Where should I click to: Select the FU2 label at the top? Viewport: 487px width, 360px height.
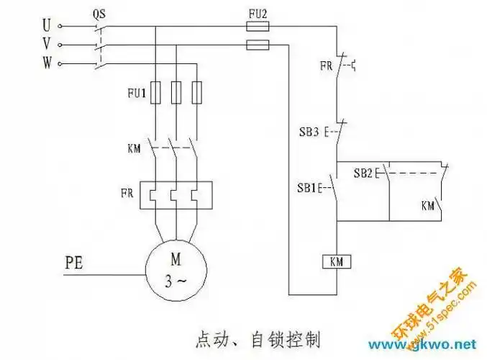[x=258, y=12]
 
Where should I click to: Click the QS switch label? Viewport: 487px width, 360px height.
[x=100, y=14]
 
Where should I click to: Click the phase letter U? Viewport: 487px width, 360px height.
[x=46, y=26]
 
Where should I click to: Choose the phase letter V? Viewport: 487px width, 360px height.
[x=46, y=45]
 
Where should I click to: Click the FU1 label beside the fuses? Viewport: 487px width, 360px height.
[x=137, y=93]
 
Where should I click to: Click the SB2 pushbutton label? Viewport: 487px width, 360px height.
[x=363, y=173]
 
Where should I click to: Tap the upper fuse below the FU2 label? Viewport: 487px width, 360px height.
[x=258, y=27]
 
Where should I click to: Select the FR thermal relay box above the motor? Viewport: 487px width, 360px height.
[x=175, y=194]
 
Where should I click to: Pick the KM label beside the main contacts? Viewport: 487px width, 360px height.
[x=133, y=149]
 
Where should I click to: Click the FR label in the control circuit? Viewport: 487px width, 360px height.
[x=326, y=66]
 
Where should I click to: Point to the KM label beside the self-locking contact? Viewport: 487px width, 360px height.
[x=429, y=205]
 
